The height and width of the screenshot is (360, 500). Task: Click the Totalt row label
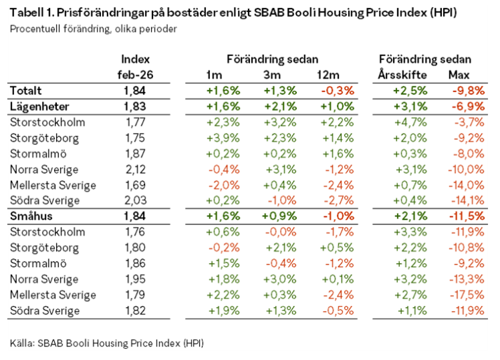[x=25, y=91]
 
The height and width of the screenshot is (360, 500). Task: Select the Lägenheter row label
[x=39, y=106]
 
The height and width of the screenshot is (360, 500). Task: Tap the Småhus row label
[x=31, y=216]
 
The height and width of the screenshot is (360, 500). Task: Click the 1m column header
[x=214, y=75]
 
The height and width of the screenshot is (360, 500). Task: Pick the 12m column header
[x=328, y=75]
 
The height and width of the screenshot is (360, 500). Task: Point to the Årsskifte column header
[x=402, y=75]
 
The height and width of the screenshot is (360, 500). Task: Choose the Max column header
[x=459, y=75]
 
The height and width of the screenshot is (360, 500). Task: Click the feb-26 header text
[x=135, y=75]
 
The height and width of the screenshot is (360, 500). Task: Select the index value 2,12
[x=136, y=170]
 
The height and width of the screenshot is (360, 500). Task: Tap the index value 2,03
[x=136, y=200]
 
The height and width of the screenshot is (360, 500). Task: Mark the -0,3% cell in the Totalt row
[x=338, y=91]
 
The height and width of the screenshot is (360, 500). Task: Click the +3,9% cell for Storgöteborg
[x=223, y=138]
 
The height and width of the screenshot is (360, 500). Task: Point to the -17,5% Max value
[x=467, y=295]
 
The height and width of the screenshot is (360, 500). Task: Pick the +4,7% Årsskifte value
[x=410, y=122]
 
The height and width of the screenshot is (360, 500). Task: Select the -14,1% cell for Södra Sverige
[x=467, y=200]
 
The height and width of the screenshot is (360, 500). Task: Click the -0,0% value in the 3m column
[x=281, y=232]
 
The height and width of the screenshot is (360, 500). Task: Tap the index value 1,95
[x=136, y=279]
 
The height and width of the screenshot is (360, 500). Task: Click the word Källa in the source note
[x=22, y=343]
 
